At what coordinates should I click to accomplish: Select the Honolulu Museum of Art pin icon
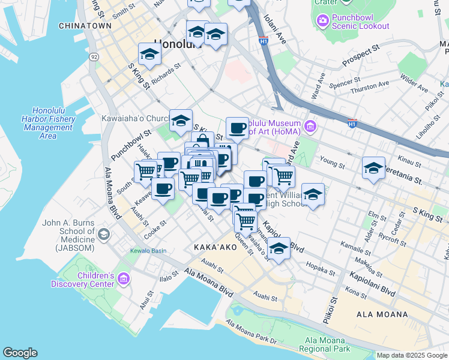pos(310,126)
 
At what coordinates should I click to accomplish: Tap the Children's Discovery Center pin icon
pos(124,278)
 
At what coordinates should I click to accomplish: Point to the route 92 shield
pos(94,56)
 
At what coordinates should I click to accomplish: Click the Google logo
pos(20,353)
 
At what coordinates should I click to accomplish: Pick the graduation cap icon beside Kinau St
pos(373,167)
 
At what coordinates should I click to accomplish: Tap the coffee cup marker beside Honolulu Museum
pos(238,127)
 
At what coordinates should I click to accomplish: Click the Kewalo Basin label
pos(148,251)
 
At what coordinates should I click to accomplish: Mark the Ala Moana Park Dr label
pos(252,334)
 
